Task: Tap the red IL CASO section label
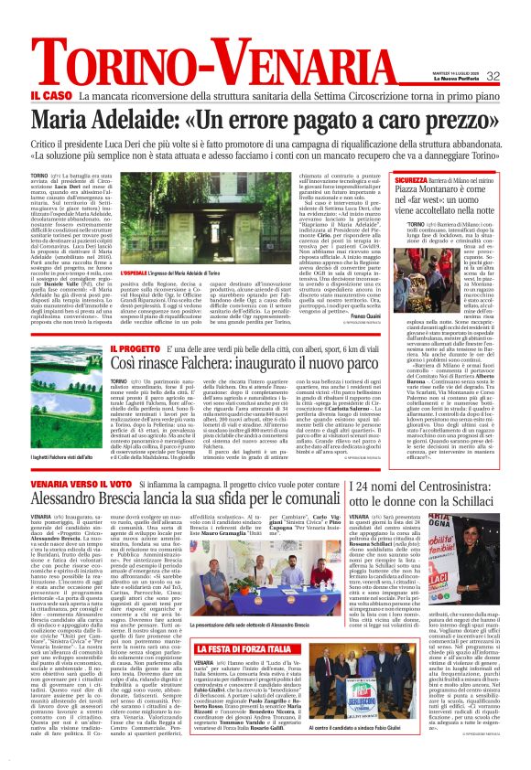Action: (51, 95)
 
